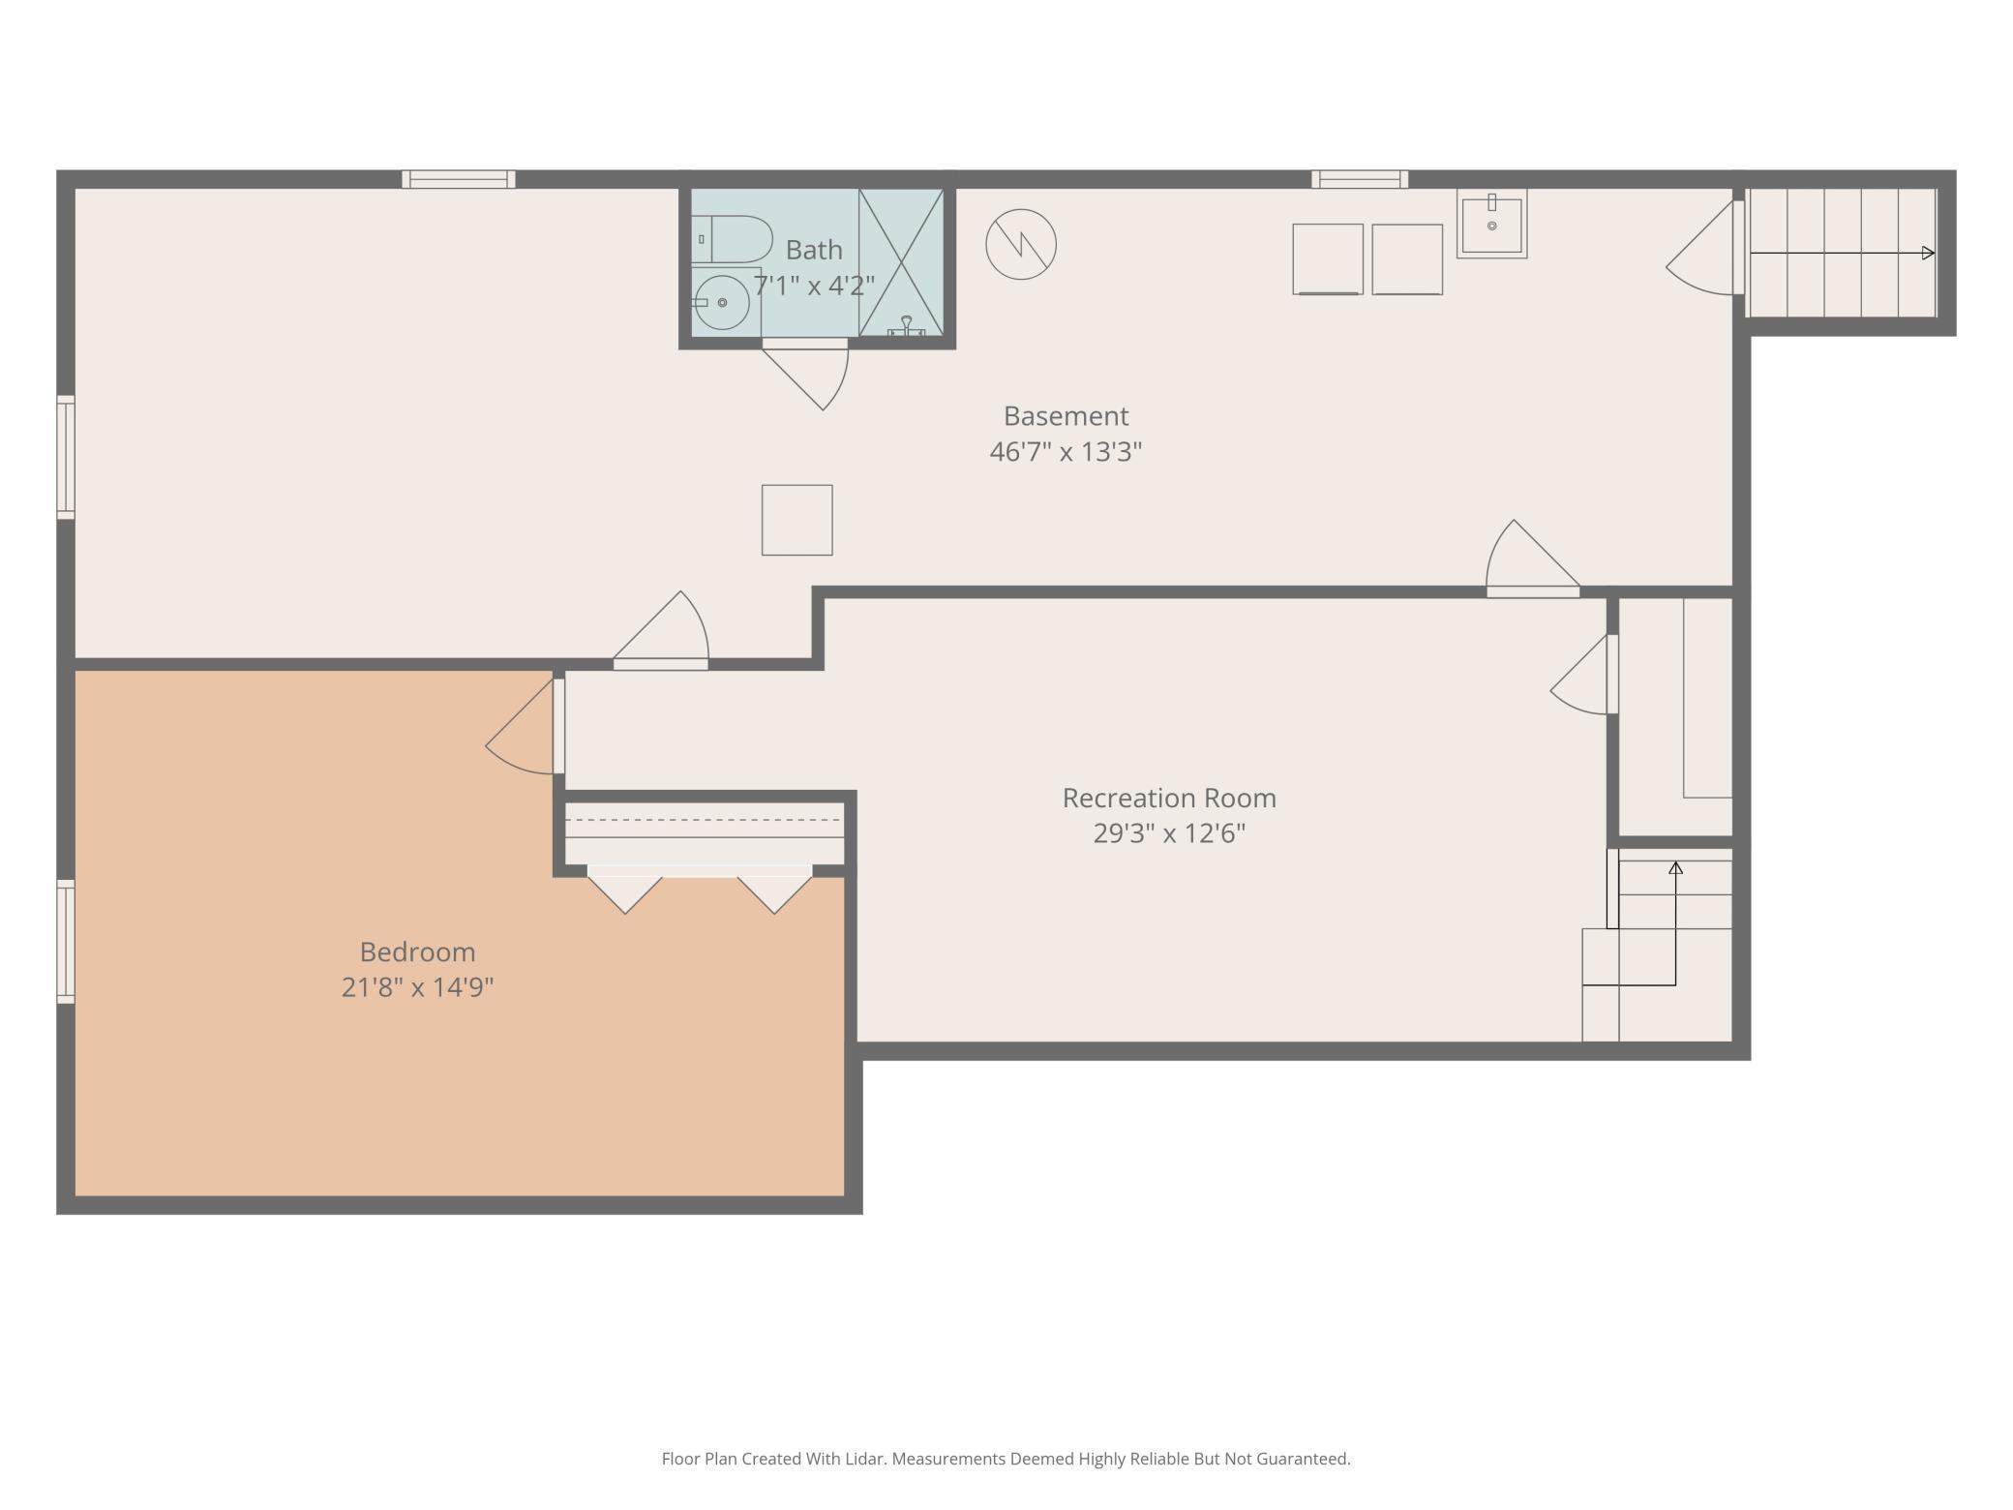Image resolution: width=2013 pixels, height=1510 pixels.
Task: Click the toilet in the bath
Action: click(x=733, y=239)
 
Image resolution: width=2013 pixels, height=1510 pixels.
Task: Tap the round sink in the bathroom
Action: click(x=721, y=302)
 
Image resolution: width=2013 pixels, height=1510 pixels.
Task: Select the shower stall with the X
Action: click(x=901, y=262)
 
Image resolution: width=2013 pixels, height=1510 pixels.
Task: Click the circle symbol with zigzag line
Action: click(x=1020, y=244)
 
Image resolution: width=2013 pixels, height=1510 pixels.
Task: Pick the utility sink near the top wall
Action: click(x=1491, y=226)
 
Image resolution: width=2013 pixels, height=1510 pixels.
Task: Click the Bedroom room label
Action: click(x=417, y=951)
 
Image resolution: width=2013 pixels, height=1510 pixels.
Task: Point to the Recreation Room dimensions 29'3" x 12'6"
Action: click(x=1168, y=833)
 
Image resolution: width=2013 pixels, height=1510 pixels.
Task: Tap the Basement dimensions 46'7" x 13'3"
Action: click(x=1066, y=452)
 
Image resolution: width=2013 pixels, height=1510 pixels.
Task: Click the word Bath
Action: click(x=813, y=250)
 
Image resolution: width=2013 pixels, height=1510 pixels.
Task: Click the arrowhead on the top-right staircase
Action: click(x=1927, y=254)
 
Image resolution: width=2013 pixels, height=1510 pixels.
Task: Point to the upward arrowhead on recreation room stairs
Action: click(x=1675, y=868)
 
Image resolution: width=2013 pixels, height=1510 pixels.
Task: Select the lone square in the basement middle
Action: click(x=796, y=520)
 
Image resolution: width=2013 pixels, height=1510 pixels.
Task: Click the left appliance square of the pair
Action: click(x=1327, y=259)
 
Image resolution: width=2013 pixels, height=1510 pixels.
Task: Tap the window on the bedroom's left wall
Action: click(x=66, y=941)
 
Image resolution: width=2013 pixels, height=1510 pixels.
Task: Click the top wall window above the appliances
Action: click(x=1359, y=179)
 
